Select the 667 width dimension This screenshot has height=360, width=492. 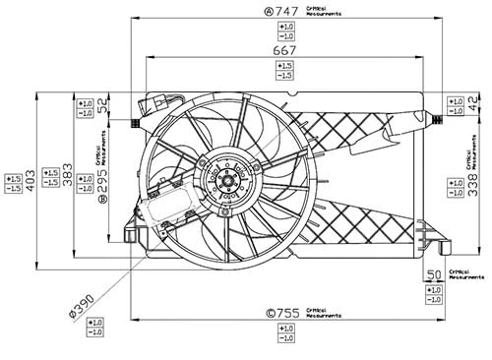pos(283,48)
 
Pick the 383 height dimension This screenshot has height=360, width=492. pos(67,177)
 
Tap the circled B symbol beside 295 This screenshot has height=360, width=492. pos(102,200)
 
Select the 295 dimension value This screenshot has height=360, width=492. pos(102,180)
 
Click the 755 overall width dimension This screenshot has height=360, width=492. pos(286,314)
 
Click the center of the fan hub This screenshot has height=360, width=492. pos(227,180)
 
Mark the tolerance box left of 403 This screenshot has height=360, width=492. pos(13,184)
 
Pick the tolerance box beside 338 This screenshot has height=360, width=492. pos(454,184)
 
